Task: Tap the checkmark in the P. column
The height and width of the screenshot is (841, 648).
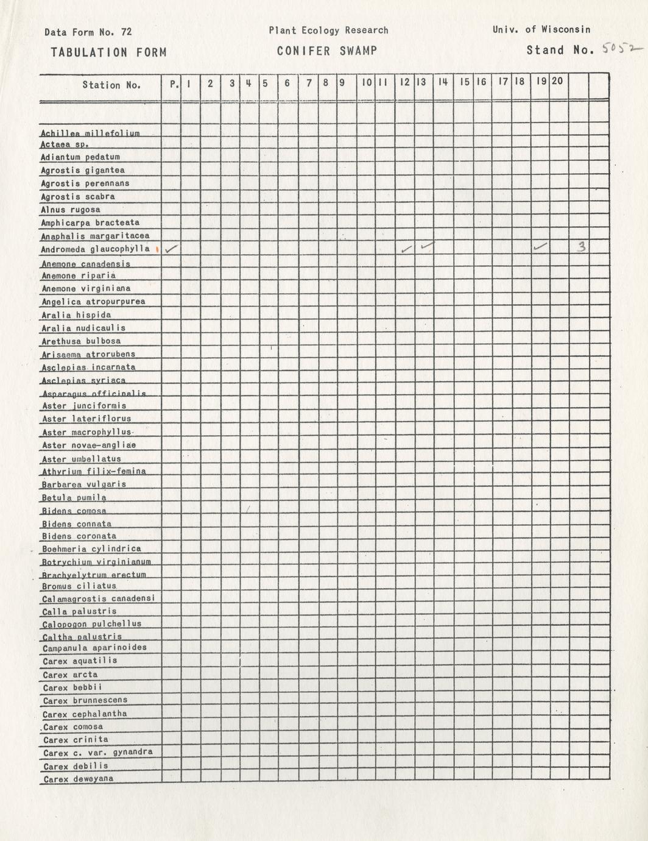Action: [172, 249]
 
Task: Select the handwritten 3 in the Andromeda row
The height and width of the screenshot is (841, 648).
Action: [582, 247]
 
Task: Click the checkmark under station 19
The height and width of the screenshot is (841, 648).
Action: [540, 247]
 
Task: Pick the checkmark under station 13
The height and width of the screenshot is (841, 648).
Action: [427, 246]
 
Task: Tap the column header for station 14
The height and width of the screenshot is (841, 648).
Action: [443, 82]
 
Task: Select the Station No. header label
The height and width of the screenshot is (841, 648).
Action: [111, 85]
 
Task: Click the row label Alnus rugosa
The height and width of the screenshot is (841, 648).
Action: [71, 210]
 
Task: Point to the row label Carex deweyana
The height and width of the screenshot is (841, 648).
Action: [78, 779]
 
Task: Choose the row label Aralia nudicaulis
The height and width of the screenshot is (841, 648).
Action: [83, 328]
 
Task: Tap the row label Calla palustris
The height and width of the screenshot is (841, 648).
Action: [79, 611]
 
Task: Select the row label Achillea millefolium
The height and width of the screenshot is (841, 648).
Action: [90, 133]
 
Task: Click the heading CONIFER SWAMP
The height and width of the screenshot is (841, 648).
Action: [326, 51]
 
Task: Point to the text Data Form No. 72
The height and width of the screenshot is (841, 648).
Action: [88, 32]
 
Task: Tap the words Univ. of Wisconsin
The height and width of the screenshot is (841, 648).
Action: [541, 29]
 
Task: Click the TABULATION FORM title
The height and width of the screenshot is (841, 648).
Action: [108, 52]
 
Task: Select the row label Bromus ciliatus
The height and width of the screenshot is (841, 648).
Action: [79, 586]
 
